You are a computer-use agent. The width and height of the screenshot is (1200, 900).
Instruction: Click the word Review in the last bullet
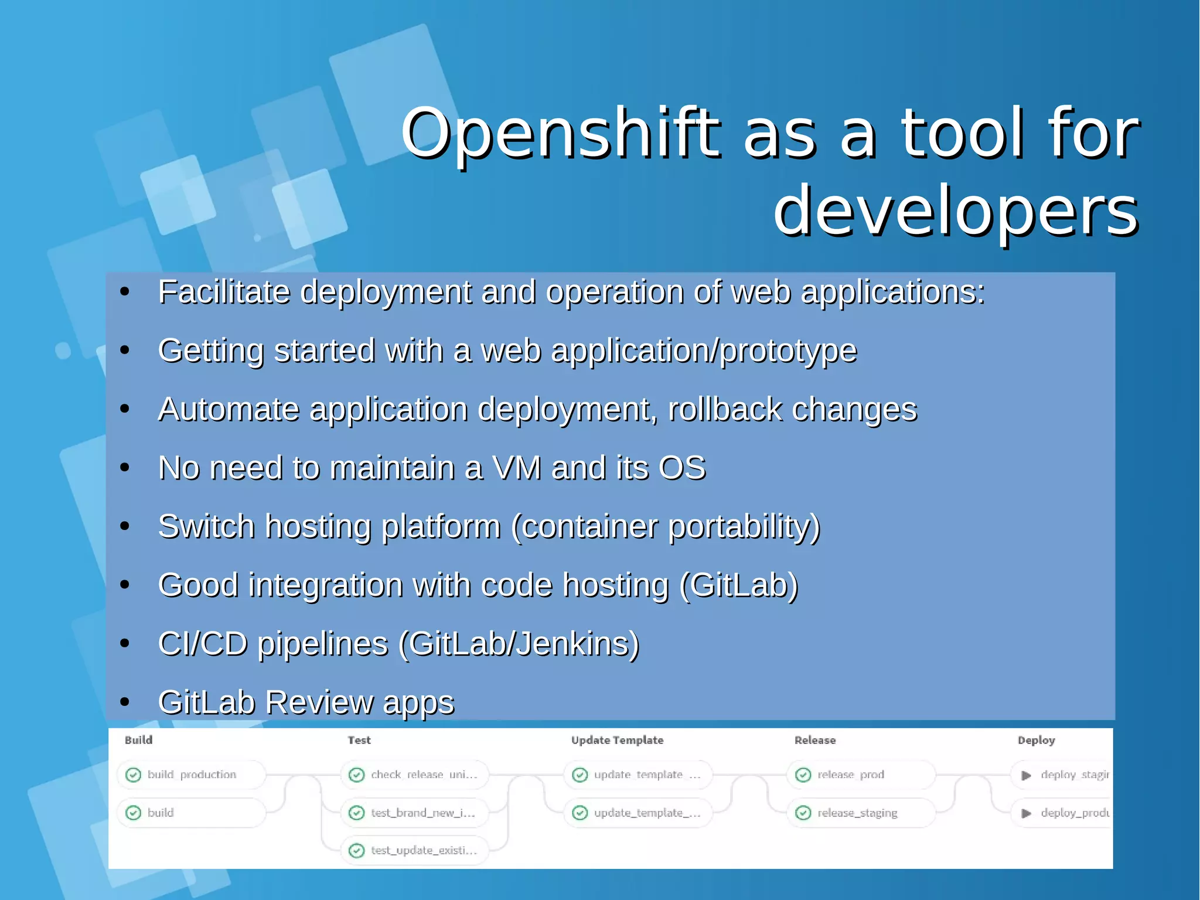click(x=319, y=702)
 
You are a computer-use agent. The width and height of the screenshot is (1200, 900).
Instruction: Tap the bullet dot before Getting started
click(x=124, y=351)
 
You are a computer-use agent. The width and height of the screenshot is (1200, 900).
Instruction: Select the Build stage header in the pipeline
click(x=138, y=740)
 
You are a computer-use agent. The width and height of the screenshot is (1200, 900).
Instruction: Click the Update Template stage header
click(x=617, y=740)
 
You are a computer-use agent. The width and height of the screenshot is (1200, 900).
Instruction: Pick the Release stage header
click(x=814, y=740)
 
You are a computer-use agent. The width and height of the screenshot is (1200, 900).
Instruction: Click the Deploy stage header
click(x=1036, y=740)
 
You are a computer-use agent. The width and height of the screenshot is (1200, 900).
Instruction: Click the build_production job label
click(x=192, y=775)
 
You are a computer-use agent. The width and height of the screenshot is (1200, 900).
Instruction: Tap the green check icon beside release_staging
click(x=803, y=813)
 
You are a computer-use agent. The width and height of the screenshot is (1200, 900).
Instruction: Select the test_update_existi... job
click(x=423, y=850)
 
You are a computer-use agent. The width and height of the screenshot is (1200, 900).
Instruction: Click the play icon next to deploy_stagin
click(x=1026, y=775)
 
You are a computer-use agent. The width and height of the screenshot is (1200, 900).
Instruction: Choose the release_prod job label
click(x=850, y=775)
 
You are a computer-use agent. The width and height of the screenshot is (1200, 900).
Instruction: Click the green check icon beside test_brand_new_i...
click(x=356, y=813)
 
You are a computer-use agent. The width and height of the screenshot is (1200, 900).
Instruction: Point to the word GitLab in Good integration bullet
click(x=738, y=585)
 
